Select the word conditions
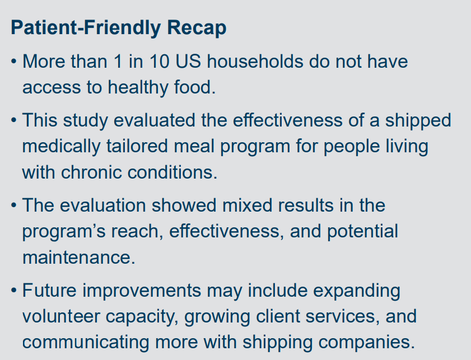coord(180,172)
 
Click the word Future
coord(52,291)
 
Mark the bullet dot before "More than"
coord(13,62)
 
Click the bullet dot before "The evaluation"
coord(13,205)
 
